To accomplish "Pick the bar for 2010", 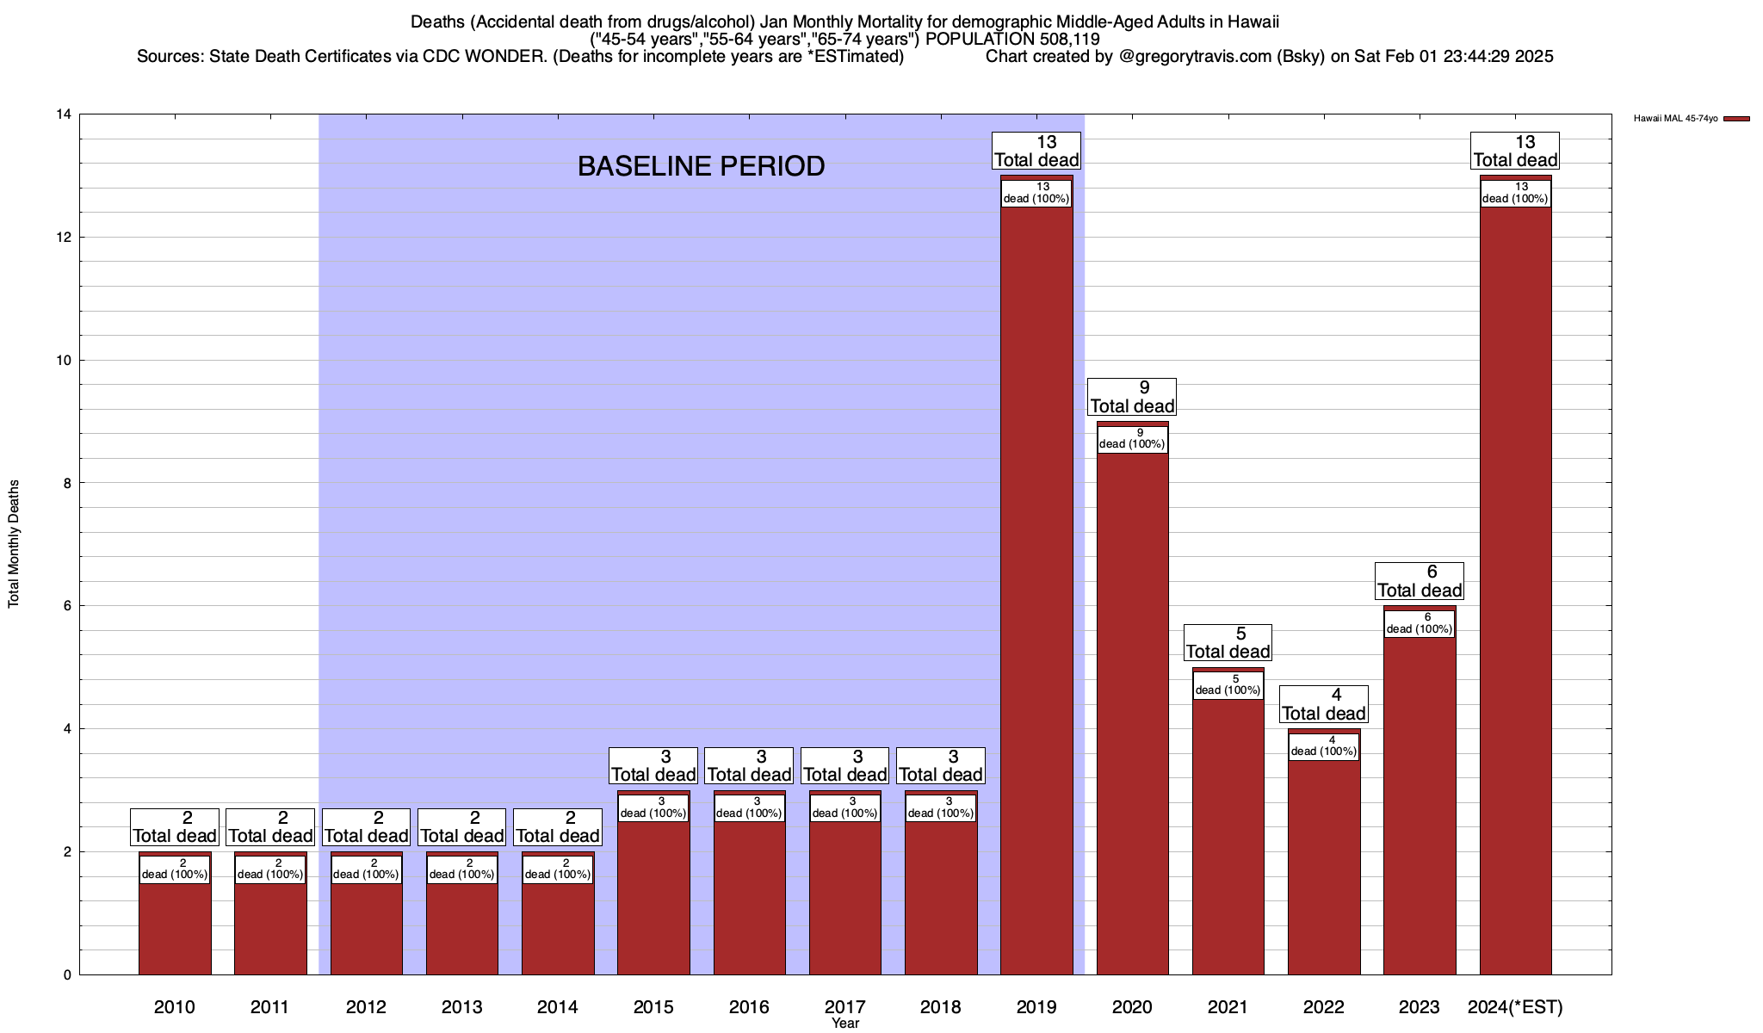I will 175,930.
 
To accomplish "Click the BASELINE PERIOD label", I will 701,166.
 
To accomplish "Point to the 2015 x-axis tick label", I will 653,1006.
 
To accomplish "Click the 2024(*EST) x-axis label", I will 1515,1006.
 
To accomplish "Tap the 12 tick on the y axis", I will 64,238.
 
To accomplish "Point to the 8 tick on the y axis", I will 67,483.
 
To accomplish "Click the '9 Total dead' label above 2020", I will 1132,398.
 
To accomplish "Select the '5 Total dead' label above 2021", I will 1228,643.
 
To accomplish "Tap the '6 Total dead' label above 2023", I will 1420,581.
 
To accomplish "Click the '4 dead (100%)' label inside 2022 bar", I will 1324,745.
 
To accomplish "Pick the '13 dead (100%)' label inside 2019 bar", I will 1036,193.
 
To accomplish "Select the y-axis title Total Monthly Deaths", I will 14,544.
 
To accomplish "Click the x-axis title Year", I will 845,1024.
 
